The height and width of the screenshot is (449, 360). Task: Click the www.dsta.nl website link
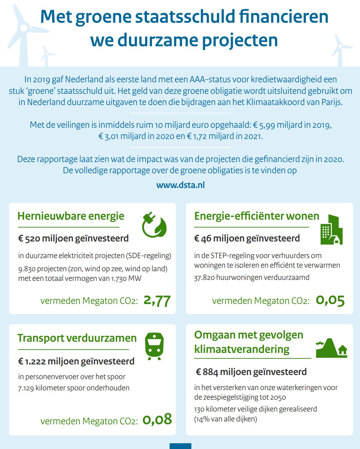click(x=180, y=185)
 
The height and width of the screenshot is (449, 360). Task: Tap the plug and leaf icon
click(x=154, y=224)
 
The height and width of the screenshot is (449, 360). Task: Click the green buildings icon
click(x=331, y=230)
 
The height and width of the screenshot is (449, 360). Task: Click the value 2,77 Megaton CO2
click(x=157, y=301)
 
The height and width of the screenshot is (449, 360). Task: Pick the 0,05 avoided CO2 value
click(x=330, y=300)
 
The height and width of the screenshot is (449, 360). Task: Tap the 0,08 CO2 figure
click(x=157, y=420)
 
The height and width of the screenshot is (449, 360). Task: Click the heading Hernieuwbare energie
click(x=71, y=216)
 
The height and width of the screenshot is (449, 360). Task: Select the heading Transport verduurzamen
click(x=77, y=338)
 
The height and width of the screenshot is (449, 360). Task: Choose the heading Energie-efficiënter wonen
click(x=257, y=216)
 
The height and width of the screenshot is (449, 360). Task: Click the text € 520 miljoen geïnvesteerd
click(x=73, y=239)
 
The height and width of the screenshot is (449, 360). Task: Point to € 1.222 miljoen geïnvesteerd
click(x=76, y=362)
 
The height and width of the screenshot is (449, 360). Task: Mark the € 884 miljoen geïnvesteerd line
click(x=251, y=372)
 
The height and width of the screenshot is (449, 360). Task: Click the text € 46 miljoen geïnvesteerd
click(x=247, y=239)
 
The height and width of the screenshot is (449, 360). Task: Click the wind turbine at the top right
click(x=340, y=50)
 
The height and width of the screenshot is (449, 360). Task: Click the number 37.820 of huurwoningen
click(x=204, y=278)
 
